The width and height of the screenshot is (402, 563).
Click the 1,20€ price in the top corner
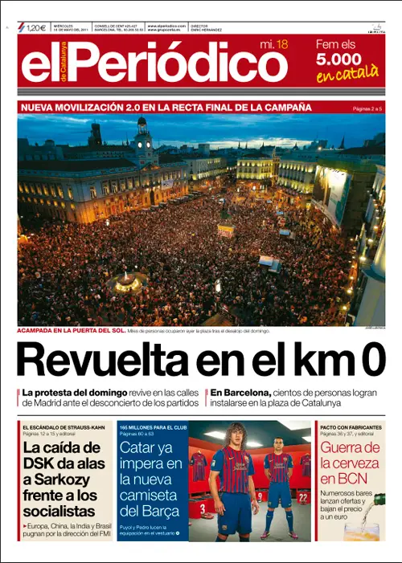click(36, 28)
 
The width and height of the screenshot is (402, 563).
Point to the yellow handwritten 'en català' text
click(347, 74)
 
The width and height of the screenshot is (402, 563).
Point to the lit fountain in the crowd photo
click(126, 280)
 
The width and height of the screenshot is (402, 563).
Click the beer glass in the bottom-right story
click(367, 527)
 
